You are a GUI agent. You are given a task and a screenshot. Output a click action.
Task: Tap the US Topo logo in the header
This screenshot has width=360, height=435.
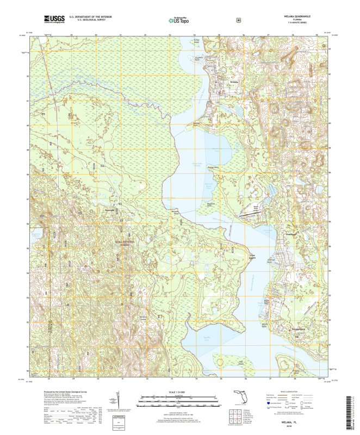[x=180, y=20]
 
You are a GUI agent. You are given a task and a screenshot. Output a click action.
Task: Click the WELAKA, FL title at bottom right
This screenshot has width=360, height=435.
[x=298, y=421]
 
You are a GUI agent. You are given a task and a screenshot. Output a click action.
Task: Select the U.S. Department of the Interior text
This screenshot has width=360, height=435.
[x=87, y=17]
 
